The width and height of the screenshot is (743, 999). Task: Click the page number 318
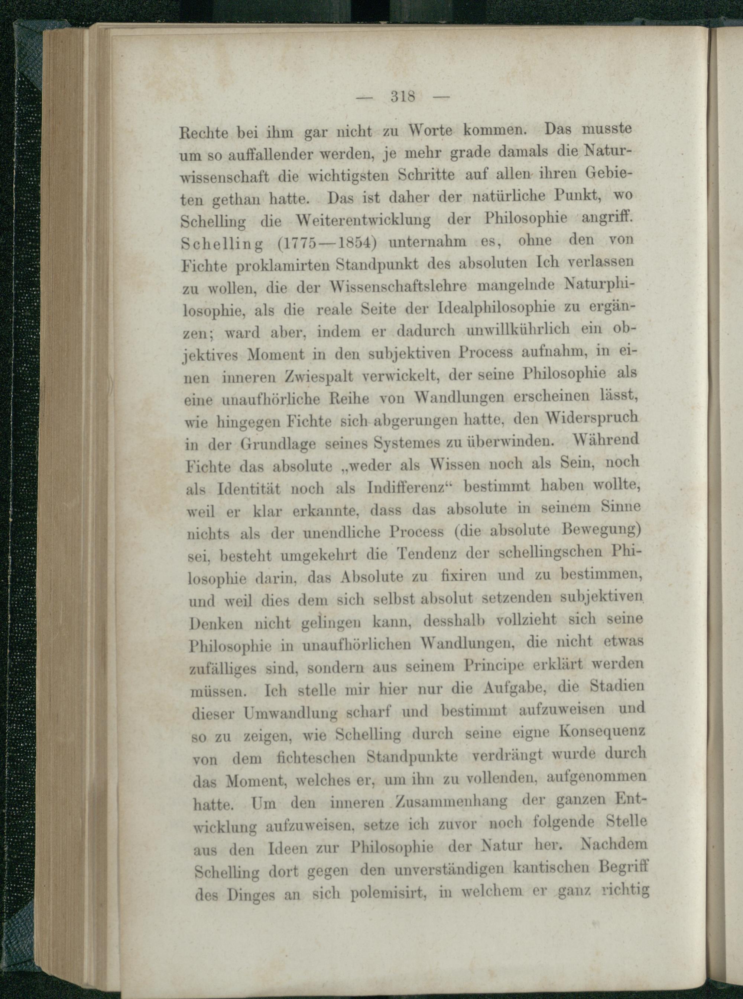click(403, 97)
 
